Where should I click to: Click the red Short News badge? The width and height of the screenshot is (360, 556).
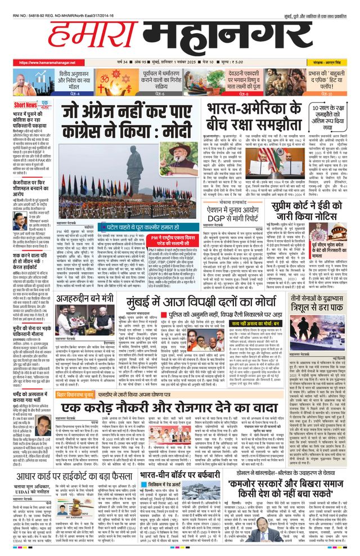click(x=26, y=105)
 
